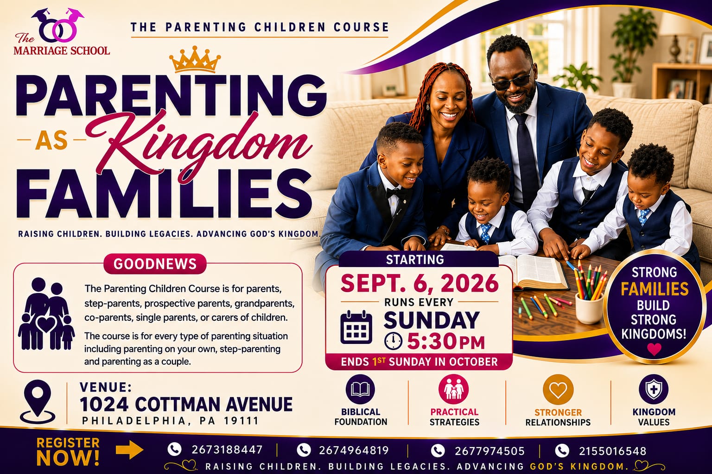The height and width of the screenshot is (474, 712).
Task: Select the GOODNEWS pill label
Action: [155, 264]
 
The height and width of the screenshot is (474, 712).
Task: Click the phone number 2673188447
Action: [227, 450]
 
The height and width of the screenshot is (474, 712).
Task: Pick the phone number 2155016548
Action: [612, 451]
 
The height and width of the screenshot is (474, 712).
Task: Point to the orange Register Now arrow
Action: [129, 450]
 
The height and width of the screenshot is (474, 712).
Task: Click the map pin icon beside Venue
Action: [38, 402]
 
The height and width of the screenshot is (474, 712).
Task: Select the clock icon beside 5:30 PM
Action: [393, 341]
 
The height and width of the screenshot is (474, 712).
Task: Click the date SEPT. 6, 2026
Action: [419, 283]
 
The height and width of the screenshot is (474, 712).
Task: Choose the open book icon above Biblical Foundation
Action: [360, 390]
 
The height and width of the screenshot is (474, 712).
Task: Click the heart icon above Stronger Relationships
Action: [558, 390]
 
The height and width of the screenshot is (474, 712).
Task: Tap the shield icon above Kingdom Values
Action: [654, 389]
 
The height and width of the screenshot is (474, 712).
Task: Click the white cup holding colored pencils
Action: [589, 307]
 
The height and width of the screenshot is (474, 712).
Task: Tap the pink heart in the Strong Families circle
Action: [654, 349]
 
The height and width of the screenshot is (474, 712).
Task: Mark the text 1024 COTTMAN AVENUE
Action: [186, 404]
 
